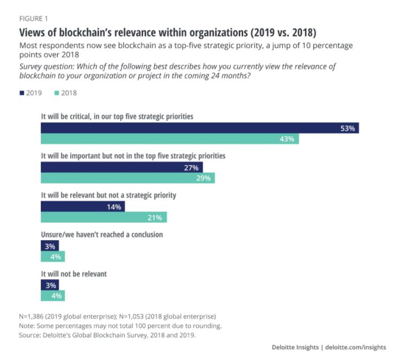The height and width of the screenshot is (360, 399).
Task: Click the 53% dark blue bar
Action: point(200,128)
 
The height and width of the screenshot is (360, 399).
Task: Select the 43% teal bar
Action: point(170,139)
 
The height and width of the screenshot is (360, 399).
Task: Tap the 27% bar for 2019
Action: point(122,167)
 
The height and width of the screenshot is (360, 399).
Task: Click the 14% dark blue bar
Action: point(82,206)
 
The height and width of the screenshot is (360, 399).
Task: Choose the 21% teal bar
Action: point(104,217)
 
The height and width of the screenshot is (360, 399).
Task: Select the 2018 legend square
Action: point(57,93)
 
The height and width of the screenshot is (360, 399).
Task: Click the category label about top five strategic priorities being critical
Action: point(117,116)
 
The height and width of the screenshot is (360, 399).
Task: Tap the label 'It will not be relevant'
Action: point(74,273)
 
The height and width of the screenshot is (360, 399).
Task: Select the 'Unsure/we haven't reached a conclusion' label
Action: point(102,234)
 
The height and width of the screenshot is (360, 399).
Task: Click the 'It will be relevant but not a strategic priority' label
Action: point(109,195)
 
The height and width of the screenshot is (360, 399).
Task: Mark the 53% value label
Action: point(348,128)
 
